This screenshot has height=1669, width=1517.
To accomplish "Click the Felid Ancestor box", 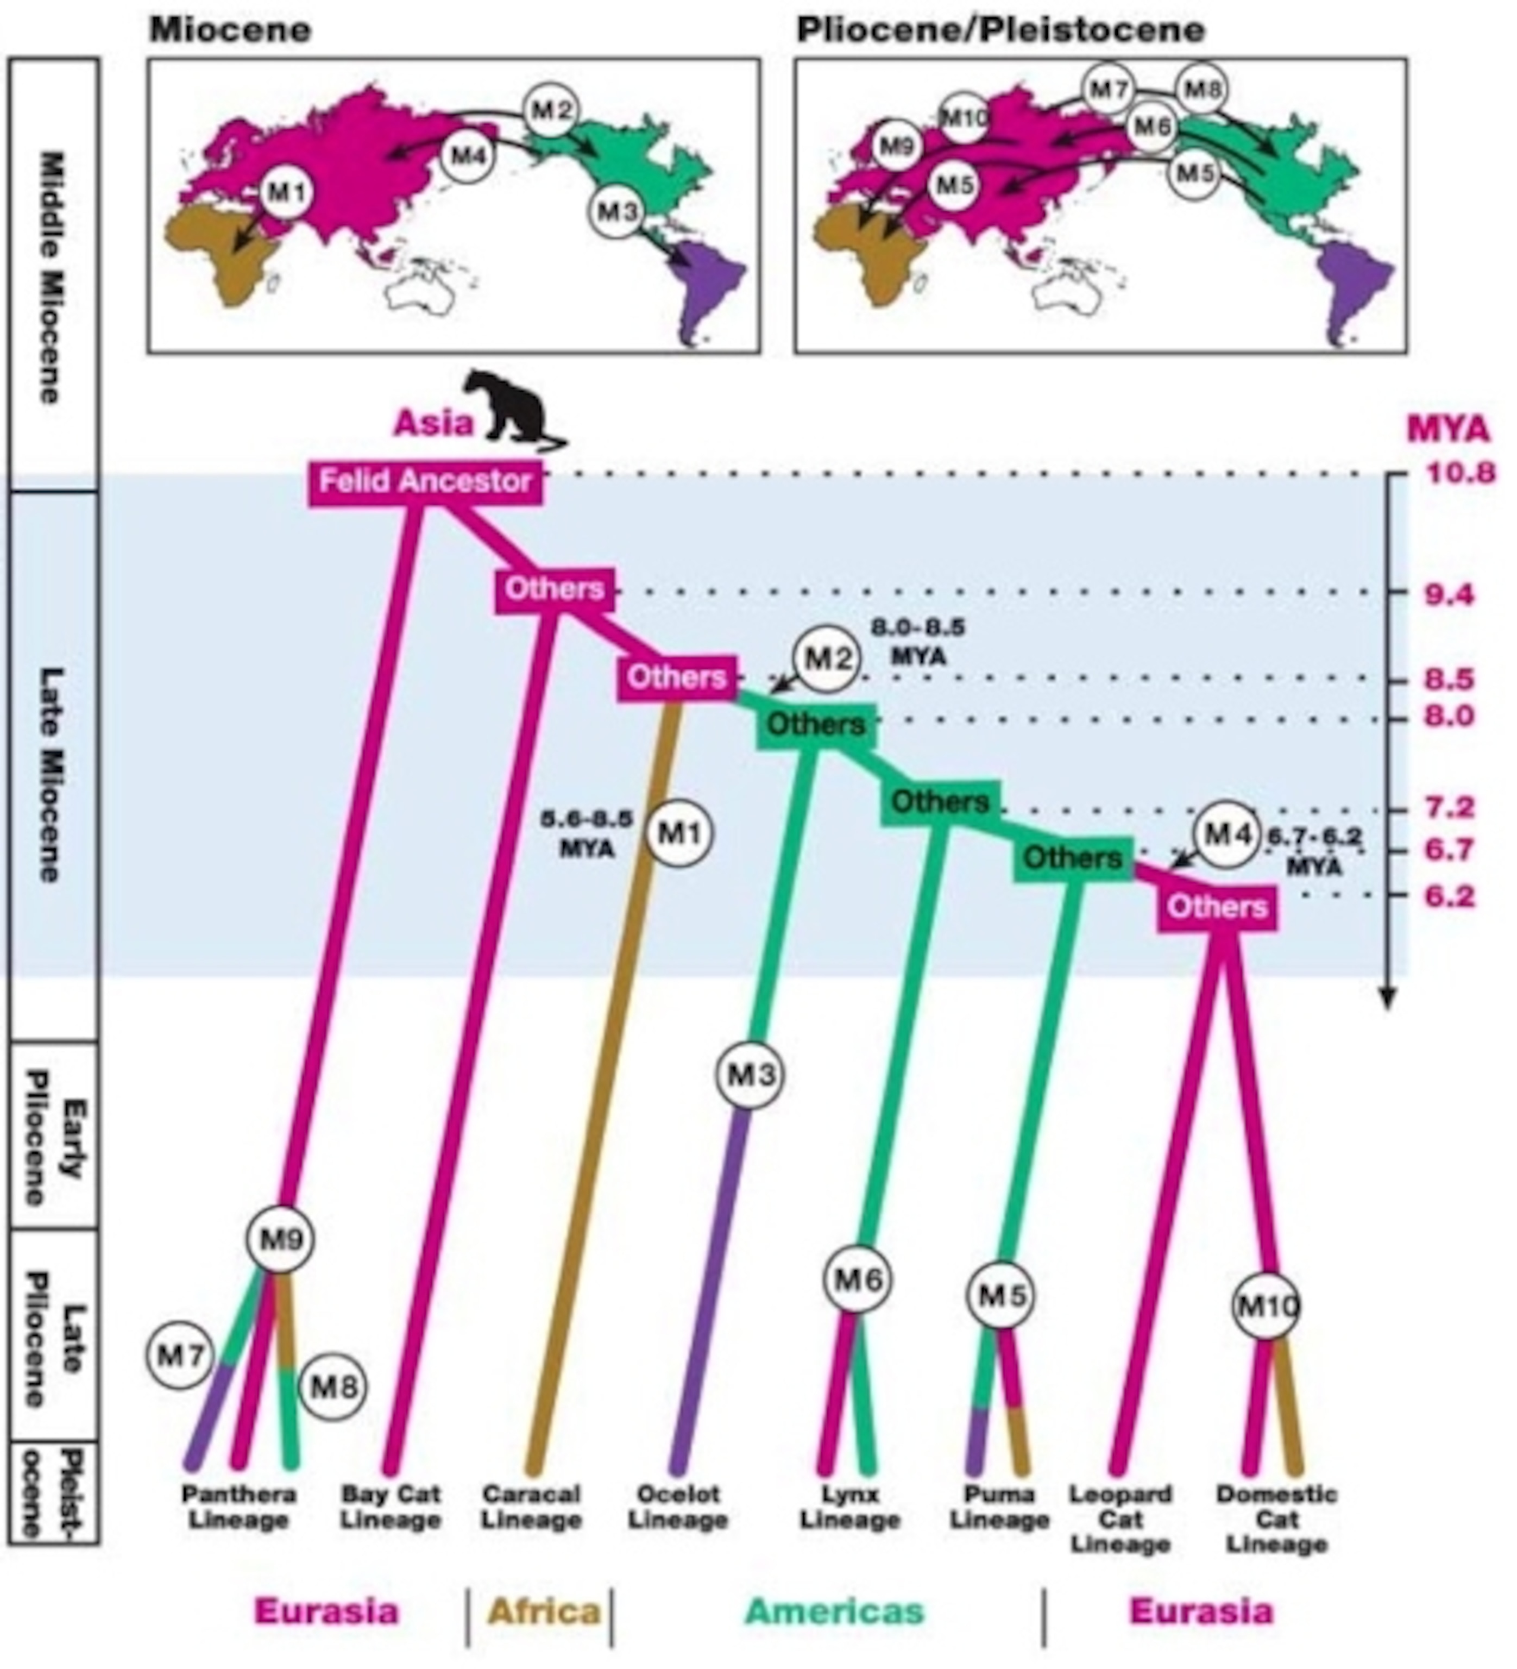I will click(425, 481).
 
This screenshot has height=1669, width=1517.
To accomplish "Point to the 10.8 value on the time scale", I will click(1449, 474).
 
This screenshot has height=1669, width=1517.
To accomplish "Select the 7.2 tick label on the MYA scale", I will click(1449, 807).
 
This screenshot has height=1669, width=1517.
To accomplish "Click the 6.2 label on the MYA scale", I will click(1449, 896).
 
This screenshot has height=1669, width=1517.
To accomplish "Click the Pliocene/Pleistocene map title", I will click(1000, 30).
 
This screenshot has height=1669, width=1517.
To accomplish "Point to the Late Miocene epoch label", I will click(51, 774).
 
